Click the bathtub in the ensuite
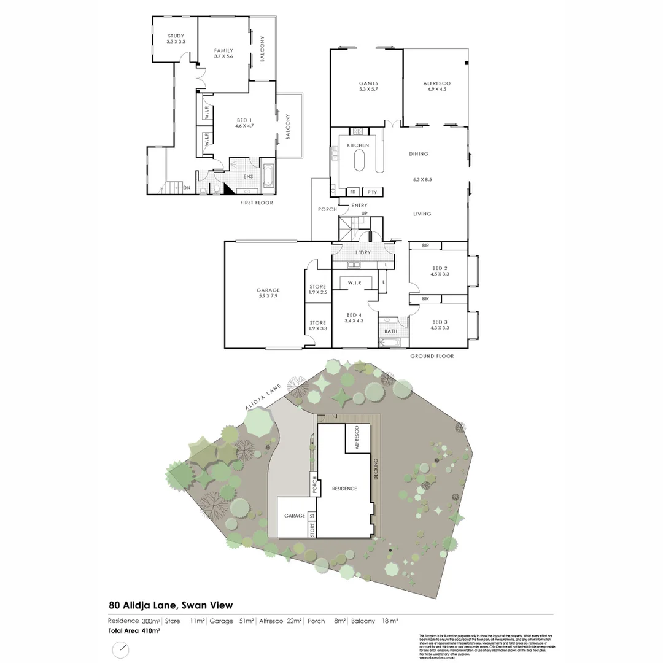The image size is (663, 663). (x=269, y=176)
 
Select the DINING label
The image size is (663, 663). (x=419, y=154)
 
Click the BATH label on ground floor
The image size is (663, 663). (x=391, y=332)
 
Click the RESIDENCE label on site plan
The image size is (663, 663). (x=344, y=489)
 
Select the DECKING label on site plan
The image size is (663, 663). (x=376, y=468)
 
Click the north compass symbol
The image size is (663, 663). (x=121, y=649)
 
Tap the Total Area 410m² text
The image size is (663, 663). (x=134, y=630)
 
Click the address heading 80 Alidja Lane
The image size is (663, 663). (x=171, y=606)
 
